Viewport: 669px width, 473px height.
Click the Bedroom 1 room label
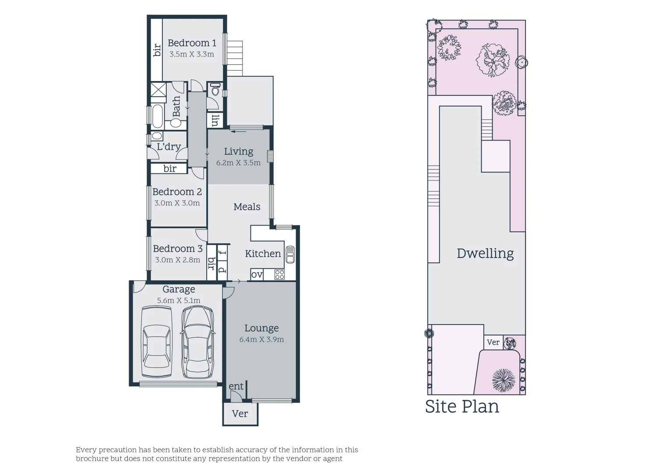click(192, 43)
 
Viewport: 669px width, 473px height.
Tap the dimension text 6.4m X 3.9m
click(261, 339)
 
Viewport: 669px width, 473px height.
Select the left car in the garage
click(157, 342)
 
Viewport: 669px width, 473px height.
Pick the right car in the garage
click(197, 342)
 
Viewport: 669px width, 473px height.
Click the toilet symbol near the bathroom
click(215, 90)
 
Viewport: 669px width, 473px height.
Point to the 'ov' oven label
click(257, 275)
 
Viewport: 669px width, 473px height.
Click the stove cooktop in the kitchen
click(279, 275)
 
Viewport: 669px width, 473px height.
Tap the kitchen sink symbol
click(290, 254)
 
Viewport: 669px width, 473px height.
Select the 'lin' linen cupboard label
click(215, 120)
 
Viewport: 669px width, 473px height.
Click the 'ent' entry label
click(236, 386)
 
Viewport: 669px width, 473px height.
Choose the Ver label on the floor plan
click(240, 413)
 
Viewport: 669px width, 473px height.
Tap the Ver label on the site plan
click(493, 342)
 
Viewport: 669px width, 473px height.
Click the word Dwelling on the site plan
click(485, 253)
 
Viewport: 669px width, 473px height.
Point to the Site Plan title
click(462, 406)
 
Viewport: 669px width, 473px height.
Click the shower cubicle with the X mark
click(158, 92)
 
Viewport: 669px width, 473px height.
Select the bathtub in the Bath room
click(157, 117)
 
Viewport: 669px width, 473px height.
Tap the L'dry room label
click(169, 147)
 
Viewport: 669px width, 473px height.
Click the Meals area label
click(246, 207)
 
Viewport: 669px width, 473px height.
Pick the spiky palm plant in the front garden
click(503, 379)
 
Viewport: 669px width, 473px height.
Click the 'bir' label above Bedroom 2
click(170, 169)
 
